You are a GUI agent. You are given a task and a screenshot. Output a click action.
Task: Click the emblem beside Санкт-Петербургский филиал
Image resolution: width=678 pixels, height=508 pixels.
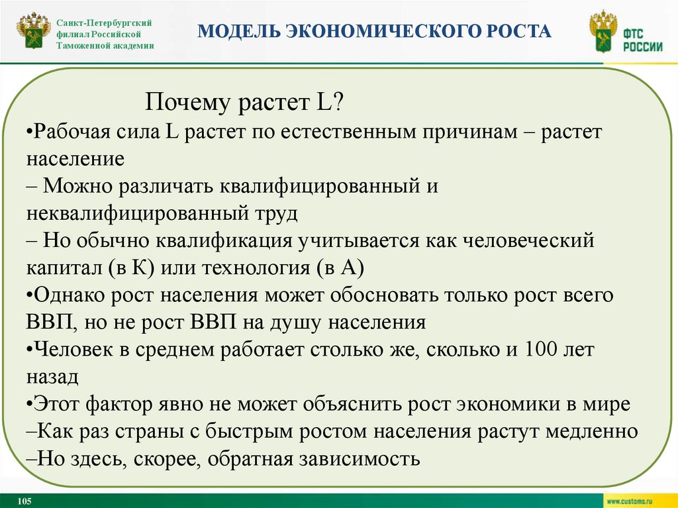[33, 32]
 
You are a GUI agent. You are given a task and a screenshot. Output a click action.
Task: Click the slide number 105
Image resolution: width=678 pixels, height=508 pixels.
[26, 500]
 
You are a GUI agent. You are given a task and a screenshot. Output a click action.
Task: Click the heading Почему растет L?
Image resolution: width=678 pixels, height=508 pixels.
[244, 104]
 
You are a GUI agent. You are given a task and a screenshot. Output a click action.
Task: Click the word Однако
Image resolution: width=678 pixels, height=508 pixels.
[68, 295]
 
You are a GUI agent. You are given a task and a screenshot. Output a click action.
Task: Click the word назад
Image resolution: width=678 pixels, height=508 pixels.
[53, 376]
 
